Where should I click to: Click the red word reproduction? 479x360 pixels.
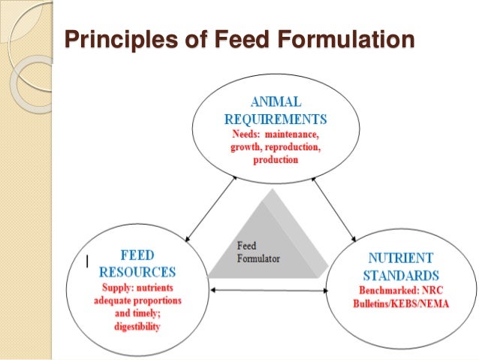tap(293, 147)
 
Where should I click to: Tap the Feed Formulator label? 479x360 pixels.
tap(258, 252)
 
